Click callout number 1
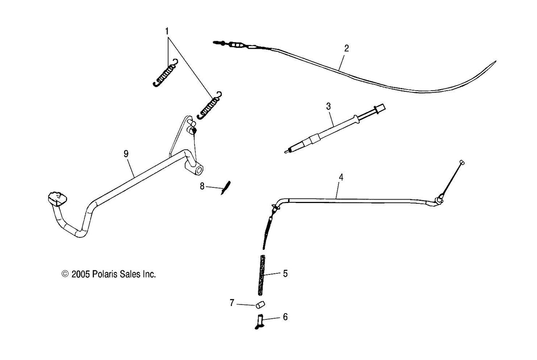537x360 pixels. pyautogui.click(x=167, y=31)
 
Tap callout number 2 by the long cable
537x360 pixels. pyautogui.click(x=346, y=48)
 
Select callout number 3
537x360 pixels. pyautogui.click(x=328, y=106)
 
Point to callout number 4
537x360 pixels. pyautogui.click(x=341, y=177)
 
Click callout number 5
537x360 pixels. pyautogui.click(x=285, y=274)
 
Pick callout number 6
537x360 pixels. pyautogui.click(x=285, y=317)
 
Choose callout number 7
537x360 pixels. pyautogui.click(x=232, y=303)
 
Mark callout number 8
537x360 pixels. pyautogui.click(x=202, y=187)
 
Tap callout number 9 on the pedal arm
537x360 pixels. pyautogui.click(x=126, y=154)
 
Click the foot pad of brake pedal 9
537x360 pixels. pyautogui.click(x=58, y=198)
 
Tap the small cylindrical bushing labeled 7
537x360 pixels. pyautogui.click(x=260, y=306)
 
